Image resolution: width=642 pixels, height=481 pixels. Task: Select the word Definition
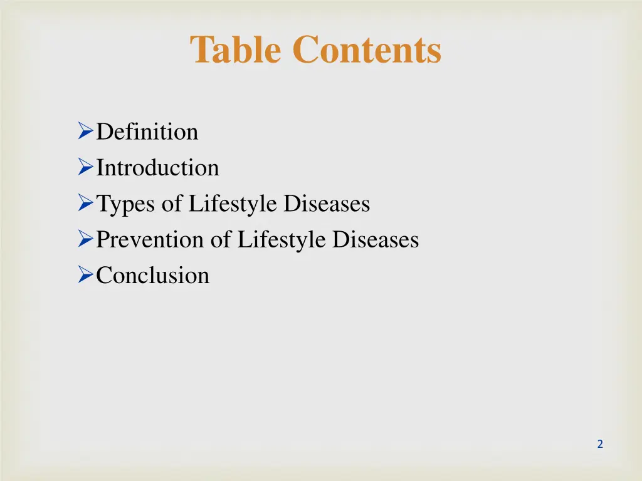pos(147,132)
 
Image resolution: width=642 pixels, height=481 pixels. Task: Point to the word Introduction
pos(157,168)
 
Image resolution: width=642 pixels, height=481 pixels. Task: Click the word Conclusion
pos(152,276)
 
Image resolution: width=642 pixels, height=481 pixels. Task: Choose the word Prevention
pos(150,240)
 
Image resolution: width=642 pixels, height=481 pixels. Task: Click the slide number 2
pos(600,444)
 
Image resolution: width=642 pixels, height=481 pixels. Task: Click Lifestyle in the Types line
pos(233,204)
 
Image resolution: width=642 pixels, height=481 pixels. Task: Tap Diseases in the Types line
pos(327,204)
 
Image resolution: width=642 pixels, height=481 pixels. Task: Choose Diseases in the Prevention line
pos(376,240)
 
